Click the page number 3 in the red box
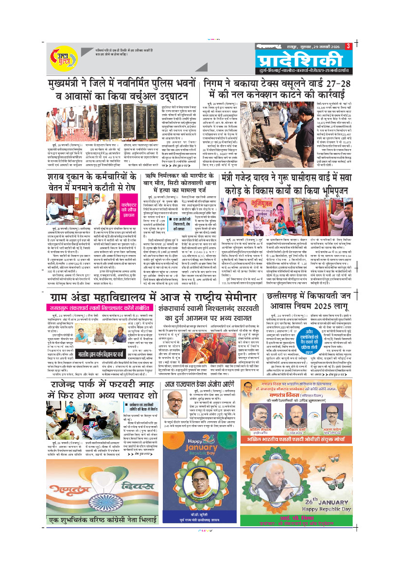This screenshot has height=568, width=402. [349, 46]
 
